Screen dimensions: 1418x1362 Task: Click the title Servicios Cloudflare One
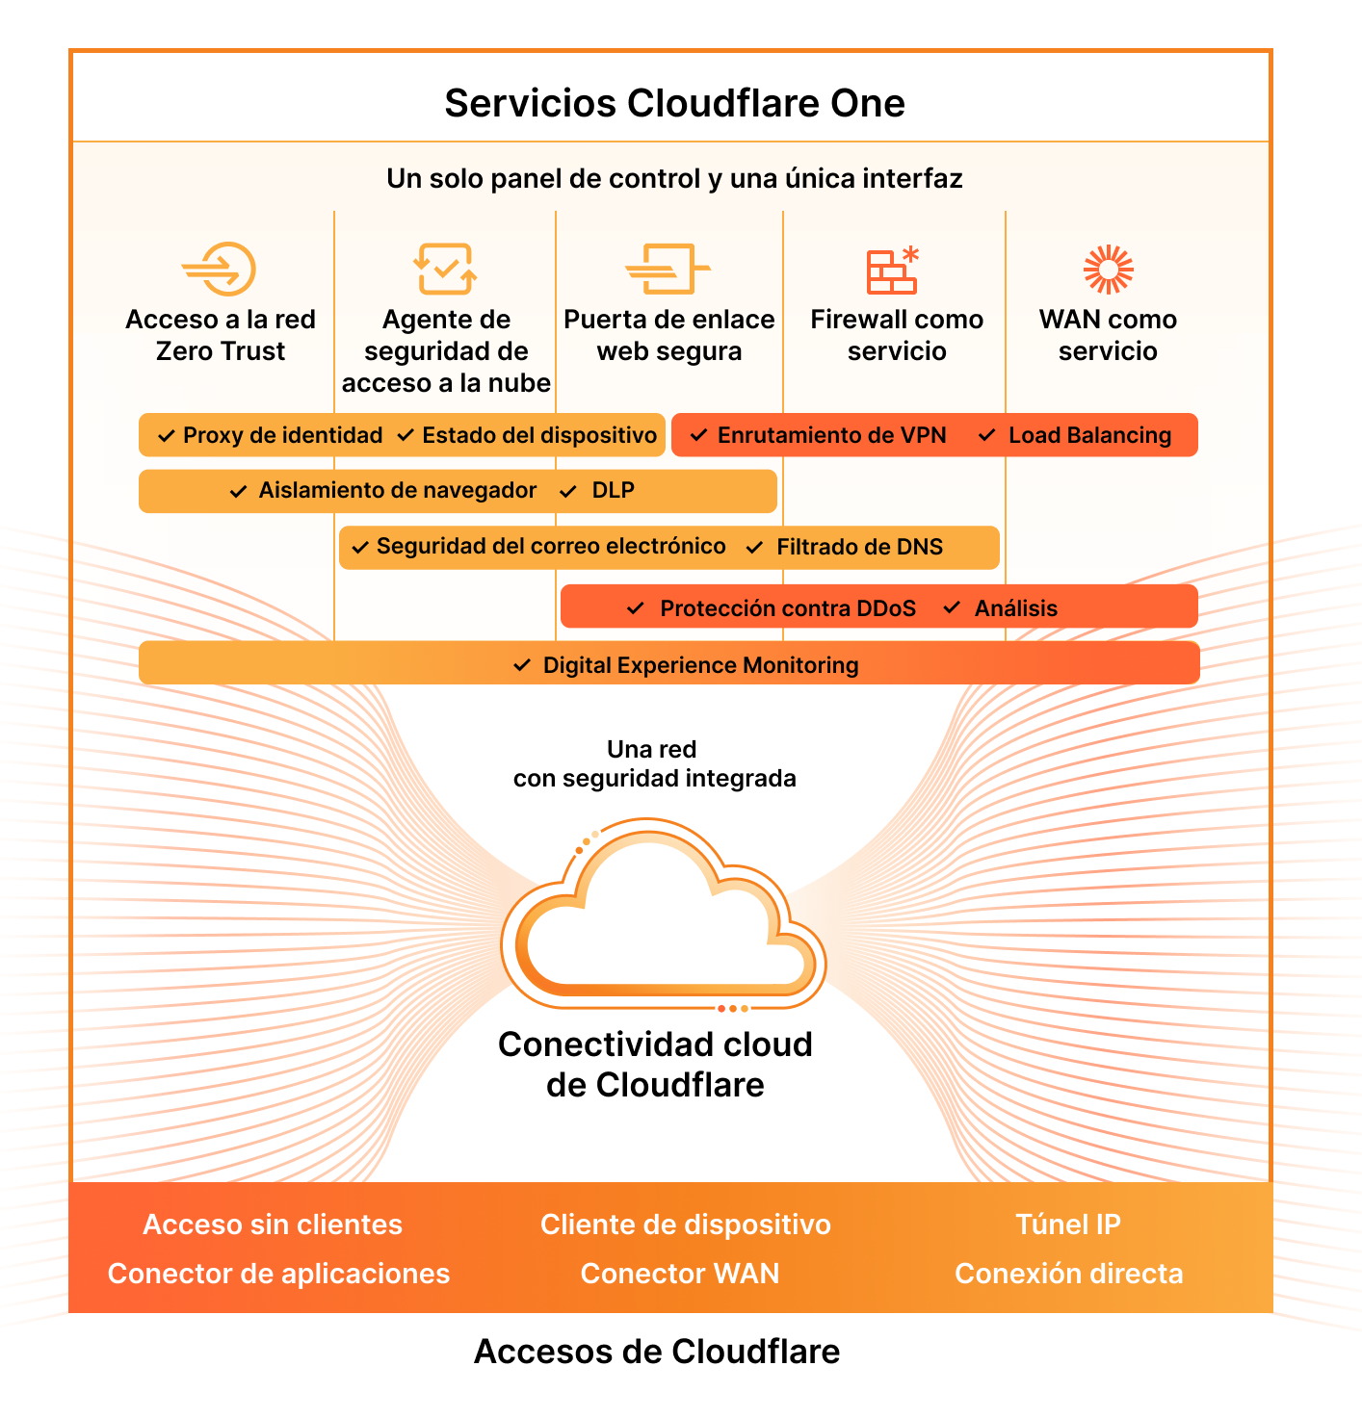(x=674, y=103)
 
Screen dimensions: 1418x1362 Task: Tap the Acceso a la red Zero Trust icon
(x=220, y=269)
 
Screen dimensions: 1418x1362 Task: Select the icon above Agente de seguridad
(x=445, y=269)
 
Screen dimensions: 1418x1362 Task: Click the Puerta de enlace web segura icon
(x=668, y=269)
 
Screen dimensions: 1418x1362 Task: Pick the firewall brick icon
(x=893, y=271)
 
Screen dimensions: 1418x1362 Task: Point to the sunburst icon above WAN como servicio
(x=1108, y=269)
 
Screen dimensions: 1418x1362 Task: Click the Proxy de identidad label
(x=282, y=435)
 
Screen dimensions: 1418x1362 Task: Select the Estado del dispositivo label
(x=539, y=435)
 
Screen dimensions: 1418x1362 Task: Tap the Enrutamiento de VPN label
(x=831, y=435)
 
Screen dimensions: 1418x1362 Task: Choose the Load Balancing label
(x=1089, y=435)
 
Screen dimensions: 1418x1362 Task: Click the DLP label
(x=613, y=491)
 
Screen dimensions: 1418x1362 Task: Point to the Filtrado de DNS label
(x=859, y=547)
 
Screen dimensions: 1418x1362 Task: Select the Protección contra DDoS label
(x=787, y=608)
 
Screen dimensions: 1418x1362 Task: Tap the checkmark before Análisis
(x=952, y=607)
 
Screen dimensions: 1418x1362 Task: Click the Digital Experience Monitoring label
(x=700, y=665)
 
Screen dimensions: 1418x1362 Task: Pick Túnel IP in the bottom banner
(x=1068, y=1225)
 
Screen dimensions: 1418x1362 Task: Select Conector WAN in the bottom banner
(x=679, y=1274)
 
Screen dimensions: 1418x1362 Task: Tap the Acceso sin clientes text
(x=273, y=1225)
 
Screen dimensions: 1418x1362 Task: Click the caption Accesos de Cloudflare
(x=657, y=1352)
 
